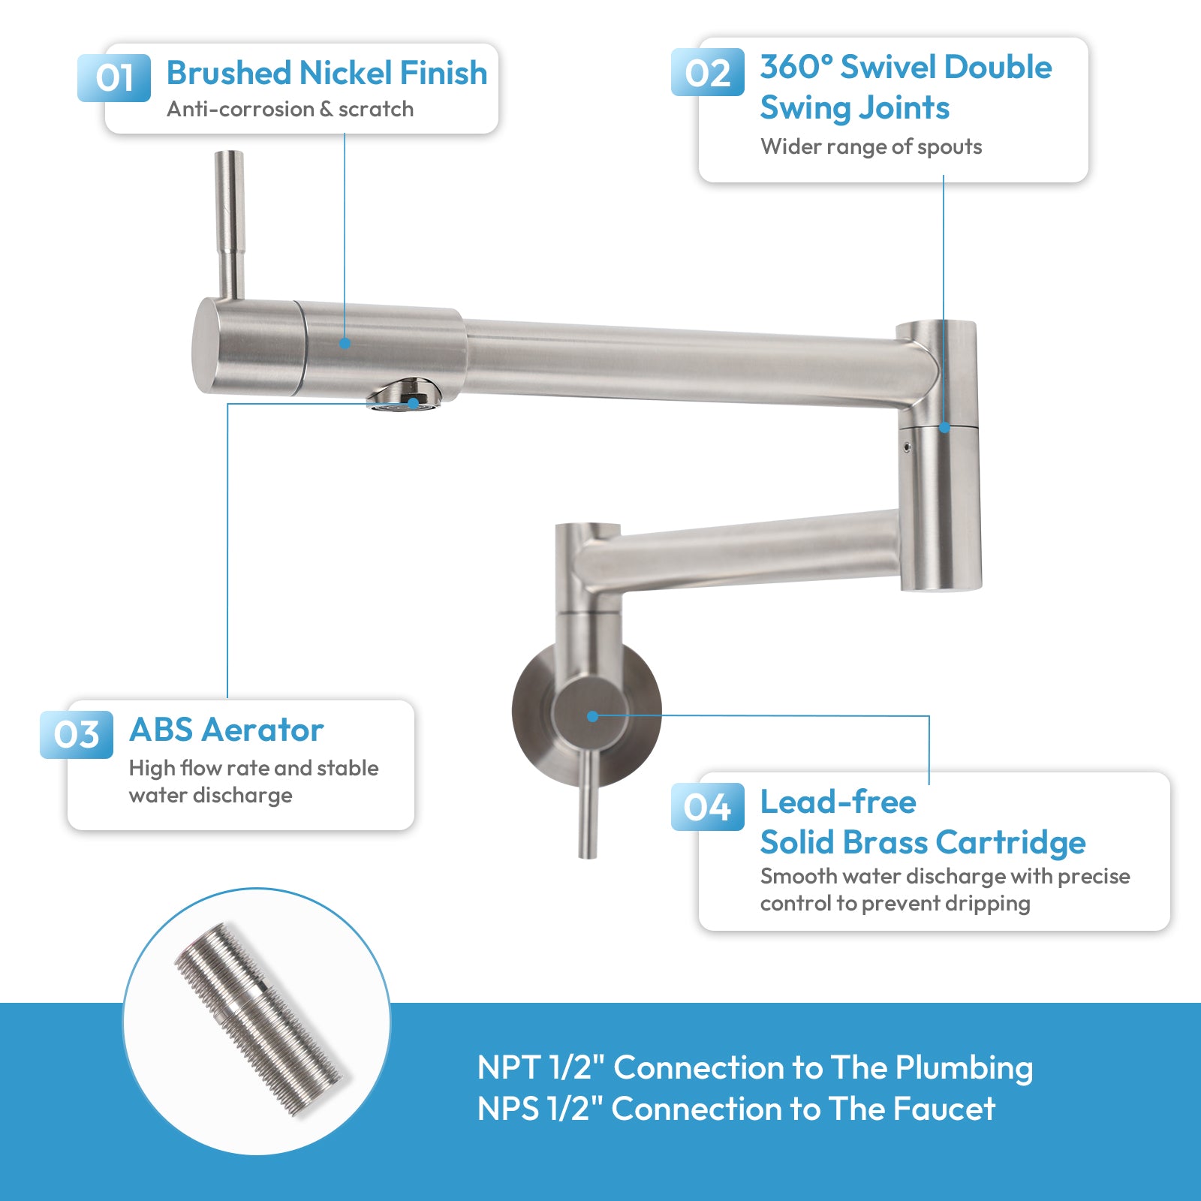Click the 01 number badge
pos(114,77)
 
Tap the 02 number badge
pos(707,72)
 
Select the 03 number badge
pos(77,734)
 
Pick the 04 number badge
pos(707,807)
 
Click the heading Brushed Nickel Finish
pos(327,73)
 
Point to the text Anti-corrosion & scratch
pos(290,110)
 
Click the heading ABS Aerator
pos(226,730)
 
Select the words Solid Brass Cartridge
pos(923,842)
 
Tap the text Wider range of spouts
pos(871,146)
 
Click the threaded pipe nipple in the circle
pos(259,1019)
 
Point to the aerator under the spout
pos(404,396)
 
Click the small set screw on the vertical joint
pos(908,447)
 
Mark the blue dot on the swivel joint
pos(944,427)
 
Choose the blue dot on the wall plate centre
pos(592,716)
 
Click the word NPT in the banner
pos(508,1067)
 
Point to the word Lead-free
pos(838,802)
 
